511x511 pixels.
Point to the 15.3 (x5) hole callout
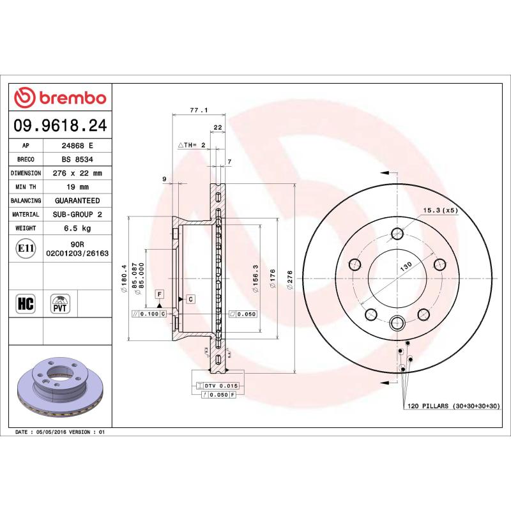pos(440,210)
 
